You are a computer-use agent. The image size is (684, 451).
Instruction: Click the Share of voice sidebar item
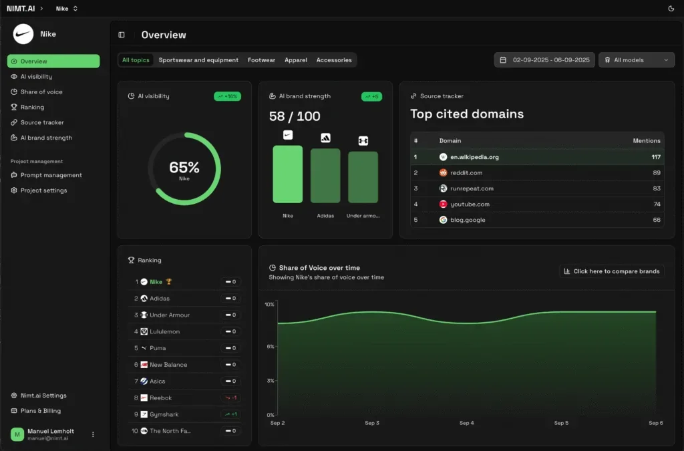[41, 92]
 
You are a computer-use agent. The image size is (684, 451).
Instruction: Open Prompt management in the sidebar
[51, 175]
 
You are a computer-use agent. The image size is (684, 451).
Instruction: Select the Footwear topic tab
[261, 60]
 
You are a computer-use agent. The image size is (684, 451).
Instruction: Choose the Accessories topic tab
[334, 60]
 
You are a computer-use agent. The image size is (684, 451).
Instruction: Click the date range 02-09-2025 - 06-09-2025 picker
[544, 60]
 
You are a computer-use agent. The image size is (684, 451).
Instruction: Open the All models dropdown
[637, 60]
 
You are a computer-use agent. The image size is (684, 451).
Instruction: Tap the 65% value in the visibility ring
[184, 167]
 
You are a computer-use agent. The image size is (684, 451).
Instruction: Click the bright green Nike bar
[287, 174]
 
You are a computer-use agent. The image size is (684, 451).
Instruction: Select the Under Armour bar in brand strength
[363, 177]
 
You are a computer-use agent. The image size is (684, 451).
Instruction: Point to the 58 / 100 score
[295, 116]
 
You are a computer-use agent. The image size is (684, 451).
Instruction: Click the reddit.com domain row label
[466, 172]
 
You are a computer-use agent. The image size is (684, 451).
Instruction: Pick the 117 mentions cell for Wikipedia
[655, 157]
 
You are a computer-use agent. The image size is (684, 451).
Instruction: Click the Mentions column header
[646, 141]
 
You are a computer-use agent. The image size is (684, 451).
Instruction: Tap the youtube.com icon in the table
[443, 204]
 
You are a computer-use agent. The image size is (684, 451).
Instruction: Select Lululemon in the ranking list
[164, 331]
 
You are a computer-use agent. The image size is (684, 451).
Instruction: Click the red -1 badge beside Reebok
[230, 398]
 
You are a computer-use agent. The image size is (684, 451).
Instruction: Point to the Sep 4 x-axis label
[466, 423]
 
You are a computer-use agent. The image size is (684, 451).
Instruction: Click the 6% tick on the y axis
[270, 346]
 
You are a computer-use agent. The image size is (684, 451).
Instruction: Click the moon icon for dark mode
[671, 9]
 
